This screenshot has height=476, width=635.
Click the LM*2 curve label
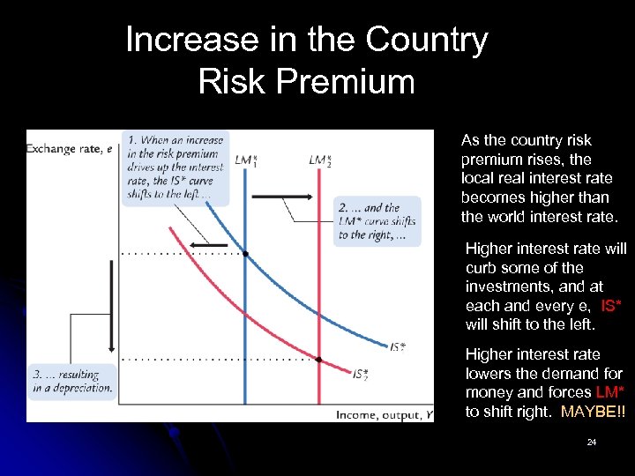pos(319,160)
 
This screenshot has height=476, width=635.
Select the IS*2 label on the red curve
pos(360,376)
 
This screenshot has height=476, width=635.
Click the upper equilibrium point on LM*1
pos(245,254)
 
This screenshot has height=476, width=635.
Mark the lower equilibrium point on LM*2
pos(318,360)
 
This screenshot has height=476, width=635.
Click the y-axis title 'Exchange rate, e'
pos(70,148)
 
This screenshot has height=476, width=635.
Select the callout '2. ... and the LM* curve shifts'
pos(378,222)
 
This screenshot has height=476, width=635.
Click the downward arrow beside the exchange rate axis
pos(112,300)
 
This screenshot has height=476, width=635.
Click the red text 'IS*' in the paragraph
pos(615,306)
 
